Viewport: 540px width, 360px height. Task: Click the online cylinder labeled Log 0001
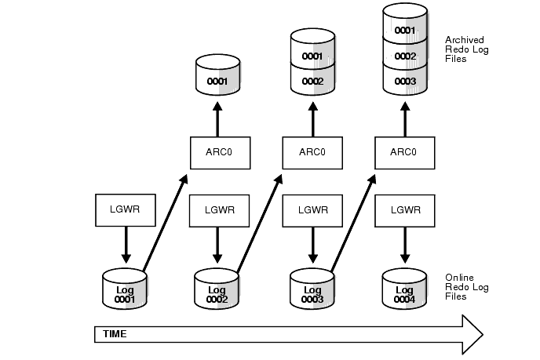126,288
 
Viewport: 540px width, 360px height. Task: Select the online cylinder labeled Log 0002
217,288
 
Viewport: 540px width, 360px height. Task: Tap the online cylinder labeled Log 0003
312,288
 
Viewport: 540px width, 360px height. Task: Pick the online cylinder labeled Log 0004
405,288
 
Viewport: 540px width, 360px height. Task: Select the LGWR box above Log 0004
405,209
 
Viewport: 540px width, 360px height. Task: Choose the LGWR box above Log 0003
312,209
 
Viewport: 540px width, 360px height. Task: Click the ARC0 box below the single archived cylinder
220,152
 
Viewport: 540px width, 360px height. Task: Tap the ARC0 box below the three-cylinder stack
405,152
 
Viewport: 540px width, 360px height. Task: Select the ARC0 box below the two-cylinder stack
312,152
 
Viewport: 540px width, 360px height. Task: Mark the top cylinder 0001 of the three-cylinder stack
405,30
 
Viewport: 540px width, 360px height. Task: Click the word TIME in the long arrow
115,334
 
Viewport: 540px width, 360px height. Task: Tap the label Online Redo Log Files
466,287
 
